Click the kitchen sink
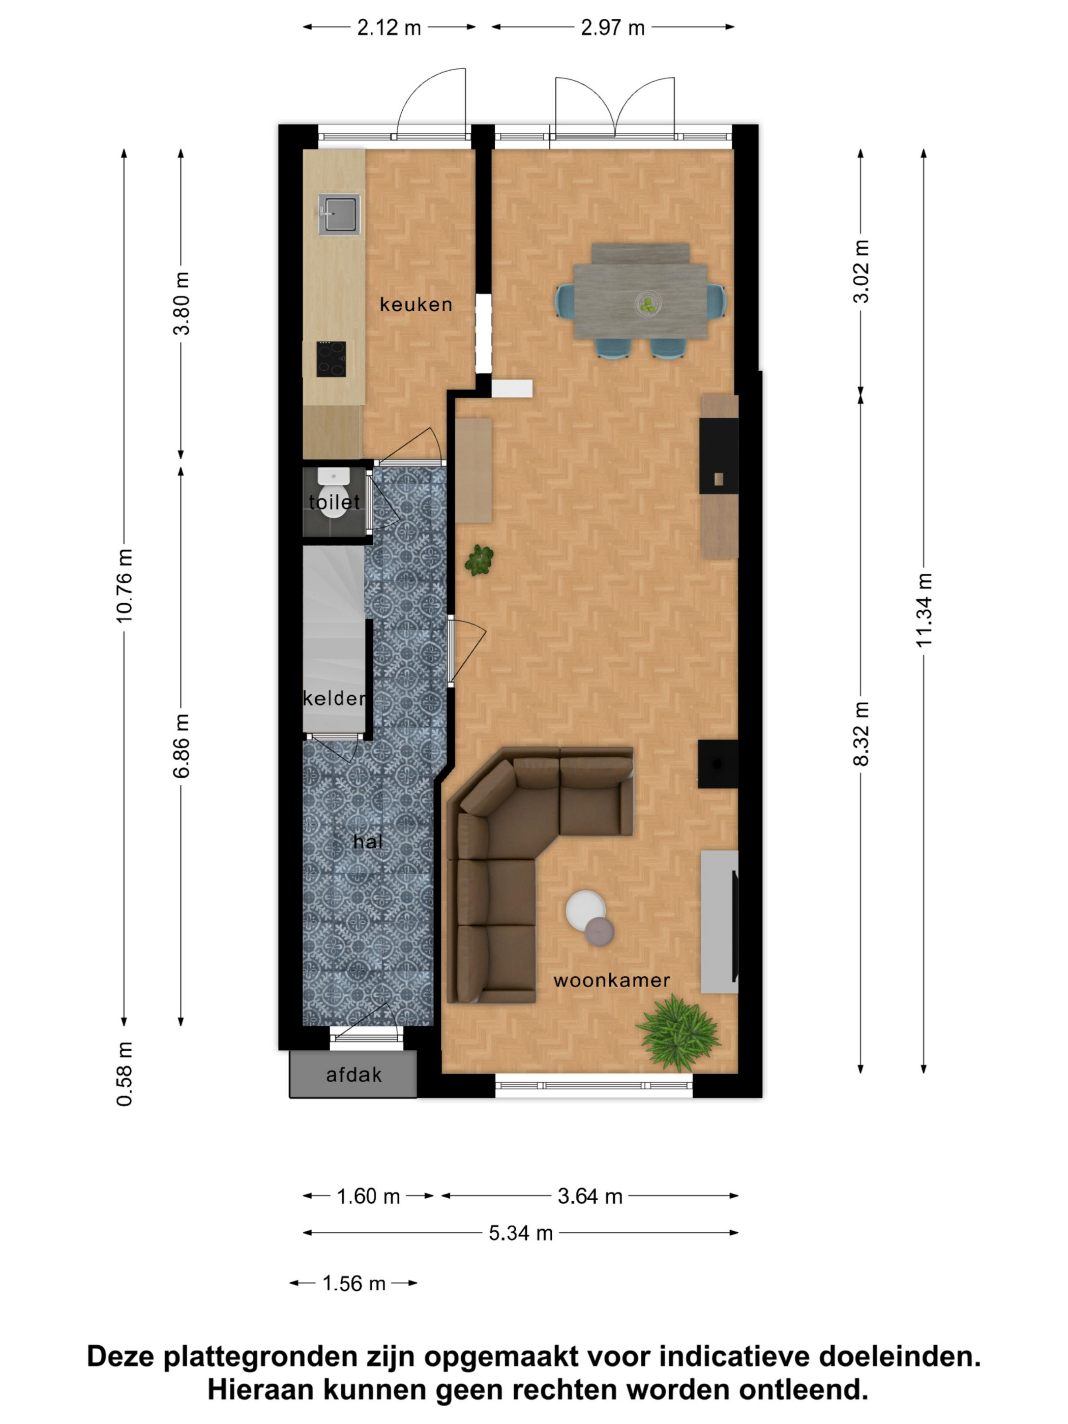[x=339, y=214]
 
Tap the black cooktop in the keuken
[x=331, y=359]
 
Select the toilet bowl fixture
[x=334, y=494]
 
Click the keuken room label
[x=416, y=305]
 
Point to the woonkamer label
[x=612, y=981]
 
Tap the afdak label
[x=353, y=1075]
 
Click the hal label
[x=368, y=841]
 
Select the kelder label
[x=334, y=698]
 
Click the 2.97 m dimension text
[x=612, y=27]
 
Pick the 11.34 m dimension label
[x=924, y=610]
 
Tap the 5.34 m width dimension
[x=521, y=1233]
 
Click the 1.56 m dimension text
[x=353, y=1283]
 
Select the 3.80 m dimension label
[x=182, y=303]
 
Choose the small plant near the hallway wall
[x=479, y=559]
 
